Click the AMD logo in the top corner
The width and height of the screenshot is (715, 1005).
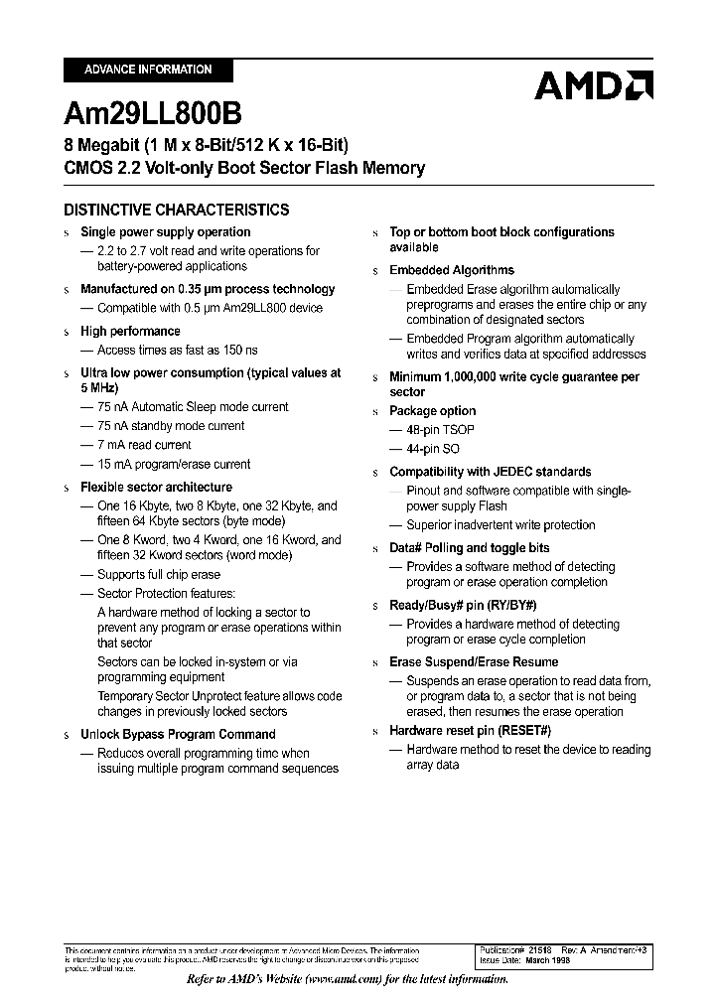(593, 85)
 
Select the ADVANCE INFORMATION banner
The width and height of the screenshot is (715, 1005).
(148, 70)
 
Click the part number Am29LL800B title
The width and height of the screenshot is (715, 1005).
(153, 112)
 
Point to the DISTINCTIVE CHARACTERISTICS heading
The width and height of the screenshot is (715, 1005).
(177, 210)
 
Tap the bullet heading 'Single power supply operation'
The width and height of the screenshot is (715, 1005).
(165, 232)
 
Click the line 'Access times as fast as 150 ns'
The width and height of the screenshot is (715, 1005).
(177, 350)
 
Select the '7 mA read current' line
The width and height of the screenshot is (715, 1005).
(144, 445)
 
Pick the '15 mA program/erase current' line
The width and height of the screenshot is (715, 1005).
(173, 464)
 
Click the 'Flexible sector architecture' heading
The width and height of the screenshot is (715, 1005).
(156, 488)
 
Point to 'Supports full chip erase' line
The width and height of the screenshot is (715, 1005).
(159, 574)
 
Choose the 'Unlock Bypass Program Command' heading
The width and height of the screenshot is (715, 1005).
(178, 734)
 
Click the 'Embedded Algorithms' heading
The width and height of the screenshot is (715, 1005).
(452, 270)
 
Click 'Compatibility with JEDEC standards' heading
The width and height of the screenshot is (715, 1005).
(490, 472)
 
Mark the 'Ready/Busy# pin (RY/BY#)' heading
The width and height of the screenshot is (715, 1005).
(464, 605)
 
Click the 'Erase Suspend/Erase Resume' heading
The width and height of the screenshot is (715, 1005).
(474, 662)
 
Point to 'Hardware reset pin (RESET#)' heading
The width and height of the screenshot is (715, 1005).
(470, 730)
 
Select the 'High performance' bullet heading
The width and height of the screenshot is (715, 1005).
(130, 331)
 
